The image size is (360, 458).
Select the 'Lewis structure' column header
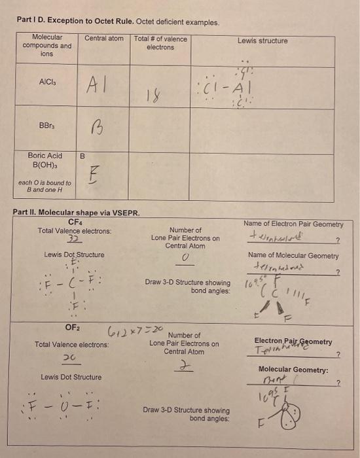click(x=262, y=41)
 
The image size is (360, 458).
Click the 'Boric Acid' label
click(x=45, y=156)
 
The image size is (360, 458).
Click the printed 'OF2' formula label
click(x=72, y=327)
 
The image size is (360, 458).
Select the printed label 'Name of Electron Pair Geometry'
click(x=293, y=224)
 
